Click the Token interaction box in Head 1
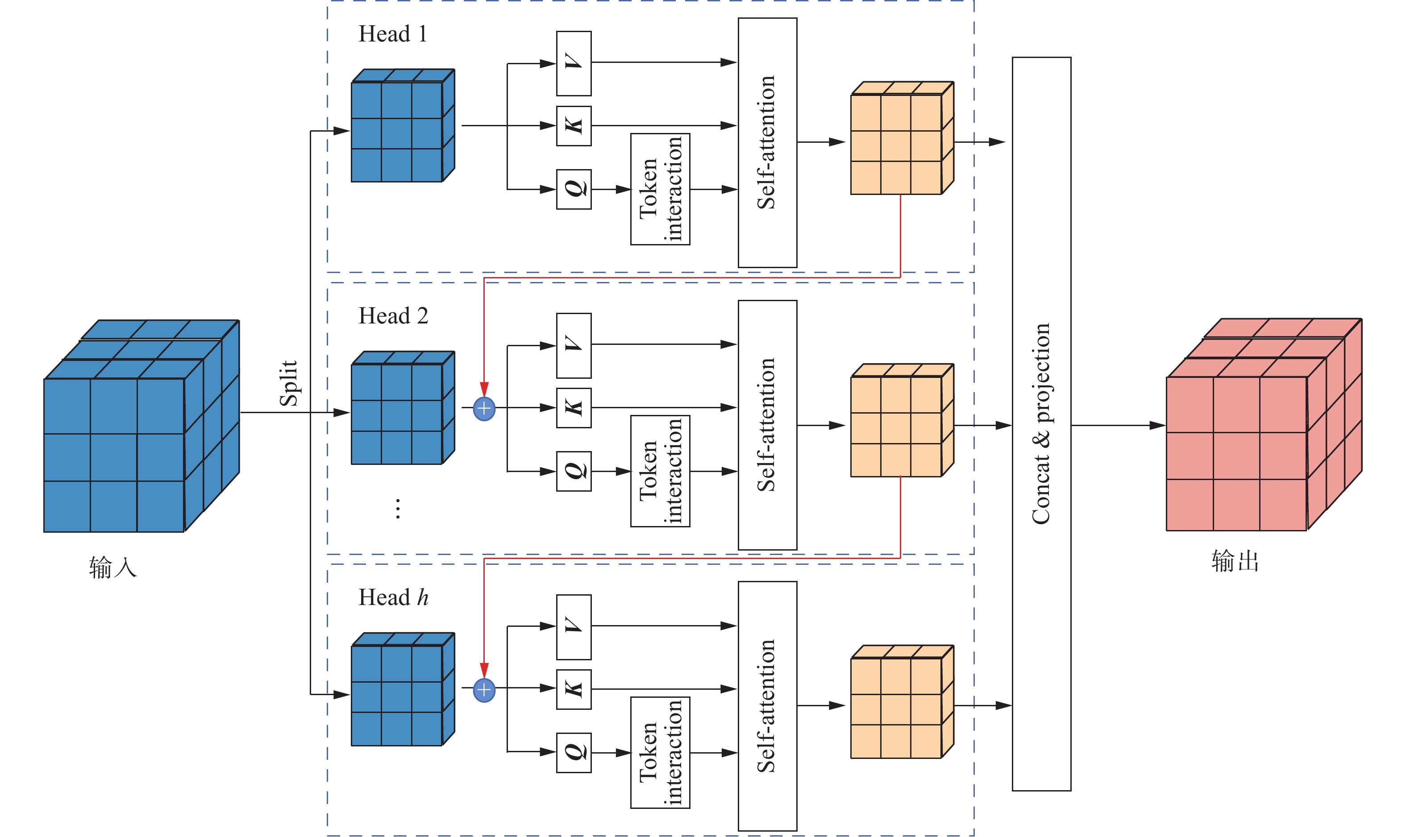[660, 189]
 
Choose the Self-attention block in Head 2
[767, 425]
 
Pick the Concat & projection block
[1041, 423]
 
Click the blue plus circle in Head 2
[484, 408]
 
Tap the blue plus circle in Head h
[484, 690]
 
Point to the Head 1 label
[393, 34]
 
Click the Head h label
[393, 597]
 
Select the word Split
[288, 384]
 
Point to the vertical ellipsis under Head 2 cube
[398, 508]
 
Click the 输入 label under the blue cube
[113, 568]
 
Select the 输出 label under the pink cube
[1235, 562]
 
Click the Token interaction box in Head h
[660, 752]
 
